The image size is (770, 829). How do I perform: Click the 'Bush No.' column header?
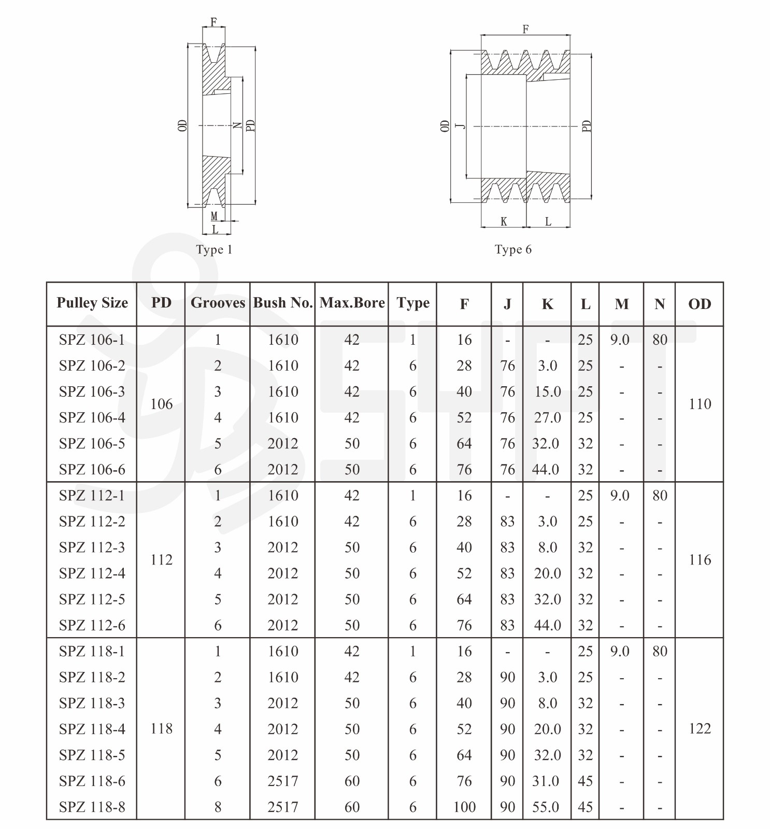coord(282,303)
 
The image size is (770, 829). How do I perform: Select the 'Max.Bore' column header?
coord(352,303)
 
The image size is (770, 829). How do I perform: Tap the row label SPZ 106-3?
coord(92,392)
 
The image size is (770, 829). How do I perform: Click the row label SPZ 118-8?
coord(92,807)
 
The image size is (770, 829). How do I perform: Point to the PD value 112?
coord(161,560)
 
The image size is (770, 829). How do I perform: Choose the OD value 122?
coord(700,729)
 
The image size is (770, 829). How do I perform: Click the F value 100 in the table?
coord(464,807)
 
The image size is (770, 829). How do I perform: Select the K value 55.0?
coord(546,807)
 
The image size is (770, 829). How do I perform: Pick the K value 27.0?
coord(547,418)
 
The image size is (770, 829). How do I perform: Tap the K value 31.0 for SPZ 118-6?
coord(546,781)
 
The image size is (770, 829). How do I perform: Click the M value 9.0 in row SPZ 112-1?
coord(620,496)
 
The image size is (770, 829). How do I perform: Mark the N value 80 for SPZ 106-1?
coord(660,340)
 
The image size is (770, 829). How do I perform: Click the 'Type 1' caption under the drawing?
coord(214,250)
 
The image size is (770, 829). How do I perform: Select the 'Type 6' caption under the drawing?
coord(513,250)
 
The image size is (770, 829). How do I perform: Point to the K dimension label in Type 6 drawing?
coord(504,222)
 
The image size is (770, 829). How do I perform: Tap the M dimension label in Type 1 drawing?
coord(214,216)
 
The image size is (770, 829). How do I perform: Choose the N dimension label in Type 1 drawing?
coord(237,125)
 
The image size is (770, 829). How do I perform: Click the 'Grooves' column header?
coord(218,303)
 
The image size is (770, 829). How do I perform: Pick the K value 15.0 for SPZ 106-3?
coord(547,392)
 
